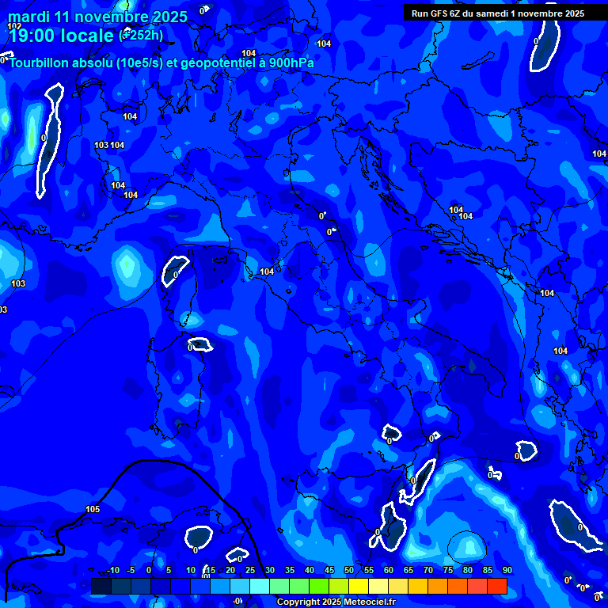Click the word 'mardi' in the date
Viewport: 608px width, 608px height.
pyautogui.click(x=28, y=17)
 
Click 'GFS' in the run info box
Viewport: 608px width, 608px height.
pyautogui.click(x=439, y=13)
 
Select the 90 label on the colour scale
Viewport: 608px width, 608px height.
pyautogui.click(x=507, y=571)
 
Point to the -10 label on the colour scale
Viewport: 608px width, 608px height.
pyautogui.click(x=112, y=571)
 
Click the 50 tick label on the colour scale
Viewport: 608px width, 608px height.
pyautogui.click(x=349, y=571)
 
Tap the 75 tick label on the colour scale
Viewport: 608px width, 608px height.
pyautogui.click(x=448, y=571)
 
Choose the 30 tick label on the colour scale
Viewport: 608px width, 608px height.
pyautogui.click(x=270, y=571)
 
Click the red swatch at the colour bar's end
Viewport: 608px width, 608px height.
pyautogui.click(x=496, y=586)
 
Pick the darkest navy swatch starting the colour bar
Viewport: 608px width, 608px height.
pyautogui.click(x=101, y=586)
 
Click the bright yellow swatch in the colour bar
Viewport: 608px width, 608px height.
pyautogui.click(x=358, y=586)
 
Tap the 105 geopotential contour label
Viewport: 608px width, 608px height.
pyautogui.click(x=93, y=509)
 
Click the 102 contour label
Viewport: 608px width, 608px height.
pyautogui.click(x=14, y=26)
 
